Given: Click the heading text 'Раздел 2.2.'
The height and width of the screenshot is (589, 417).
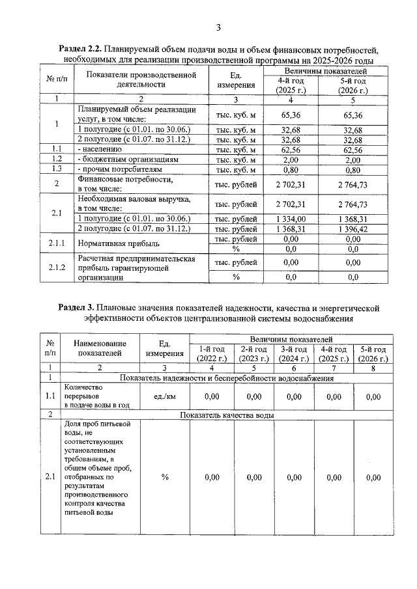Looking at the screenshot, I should (81, 49).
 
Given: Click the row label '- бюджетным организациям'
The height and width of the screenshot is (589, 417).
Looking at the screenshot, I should (128, 159).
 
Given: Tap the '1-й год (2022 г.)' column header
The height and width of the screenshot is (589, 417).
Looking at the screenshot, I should (211, 354).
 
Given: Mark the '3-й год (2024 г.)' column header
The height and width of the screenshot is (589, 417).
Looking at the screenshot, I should (294, 354).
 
